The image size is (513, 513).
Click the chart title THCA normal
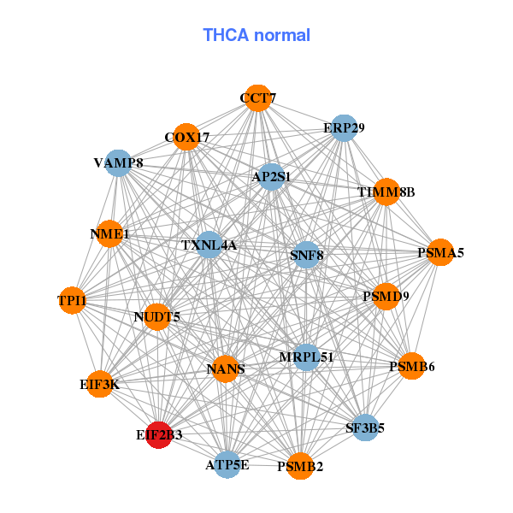pos(256,35)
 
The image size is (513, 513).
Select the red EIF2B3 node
pos(159,435)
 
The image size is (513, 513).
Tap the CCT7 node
pos(257,98)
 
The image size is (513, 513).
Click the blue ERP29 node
pos(344,128)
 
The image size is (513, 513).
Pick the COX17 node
pos(186,137)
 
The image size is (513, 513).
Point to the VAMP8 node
pos(118,163)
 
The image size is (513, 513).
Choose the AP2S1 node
pos(271,177)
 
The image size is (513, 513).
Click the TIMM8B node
pos(386,192)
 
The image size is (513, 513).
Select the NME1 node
pos(109,233)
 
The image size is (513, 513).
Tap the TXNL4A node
pos(209,245)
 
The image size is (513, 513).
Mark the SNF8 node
pos(306,255)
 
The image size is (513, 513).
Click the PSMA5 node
pos(440,252)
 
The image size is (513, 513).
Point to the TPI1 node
pos(72,300)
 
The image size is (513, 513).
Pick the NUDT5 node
pos(157,317)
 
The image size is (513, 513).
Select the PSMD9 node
pos(386,297)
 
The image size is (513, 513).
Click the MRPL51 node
pos(306,357)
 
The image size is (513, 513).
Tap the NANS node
pos(226,369)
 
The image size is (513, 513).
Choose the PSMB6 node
pos(411,366)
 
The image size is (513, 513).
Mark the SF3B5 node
pos(365,427)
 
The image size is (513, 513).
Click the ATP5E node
pos(227,465)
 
